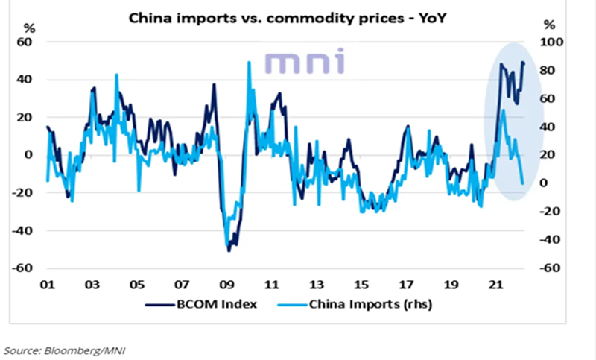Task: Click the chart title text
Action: [297, 16]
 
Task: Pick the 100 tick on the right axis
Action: [551, 42]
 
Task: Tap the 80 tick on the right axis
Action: [548, 71]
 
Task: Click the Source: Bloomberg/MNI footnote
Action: [51, 348]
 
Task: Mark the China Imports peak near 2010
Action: [248, 63]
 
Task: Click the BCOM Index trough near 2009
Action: [229, 250]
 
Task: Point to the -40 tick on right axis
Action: [548, 240]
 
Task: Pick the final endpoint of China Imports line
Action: [522, 183]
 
